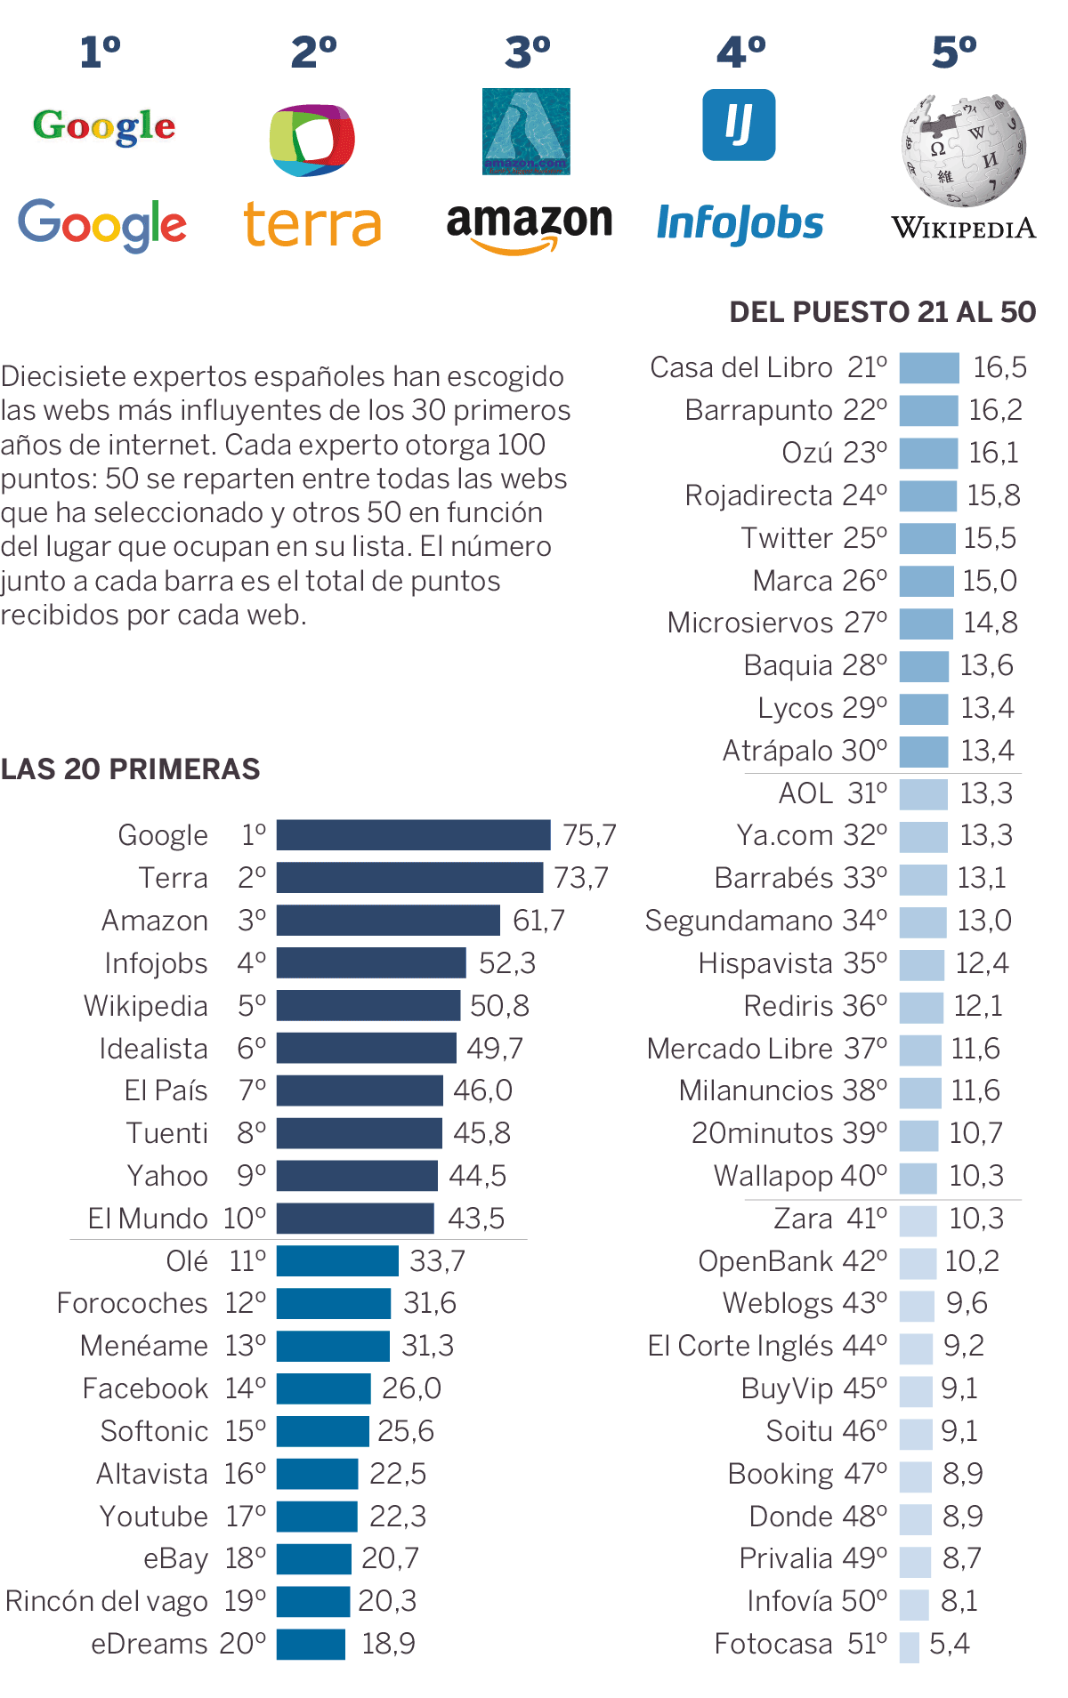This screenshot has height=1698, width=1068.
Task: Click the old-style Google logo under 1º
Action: click(104, 126)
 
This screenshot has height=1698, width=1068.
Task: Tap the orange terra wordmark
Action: click(312, 224)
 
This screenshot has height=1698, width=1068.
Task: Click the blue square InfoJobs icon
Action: click(739, 125)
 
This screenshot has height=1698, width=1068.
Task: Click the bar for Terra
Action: click(409, 878)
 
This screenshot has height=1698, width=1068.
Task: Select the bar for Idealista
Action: click(366, 1048)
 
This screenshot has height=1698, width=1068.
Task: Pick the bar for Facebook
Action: click(323, 1388)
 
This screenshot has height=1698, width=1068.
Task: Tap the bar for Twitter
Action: click(926, 538)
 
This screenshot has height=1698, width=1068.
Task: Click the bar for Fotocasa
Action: click(909, 1645)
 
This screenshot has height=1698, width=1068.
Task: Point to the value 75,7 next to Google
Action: click(589, 835)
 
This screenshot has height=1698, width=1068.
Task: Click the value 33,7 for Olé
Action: click(437, 1261)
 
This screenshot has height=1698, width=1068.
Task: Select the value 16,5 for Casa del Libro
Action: click(999, 367)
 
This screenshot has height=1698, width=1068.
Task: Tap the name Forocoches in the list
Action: click(132, 1303)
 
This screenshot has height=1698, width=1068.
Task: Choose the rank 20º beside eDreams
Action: click(243, 1644)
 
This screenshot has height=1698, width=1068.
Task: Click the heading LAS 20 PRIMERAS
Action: click(130, 769)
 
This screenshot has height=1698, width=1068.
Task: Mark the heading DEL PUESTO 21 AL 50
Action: click(882, 312)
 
